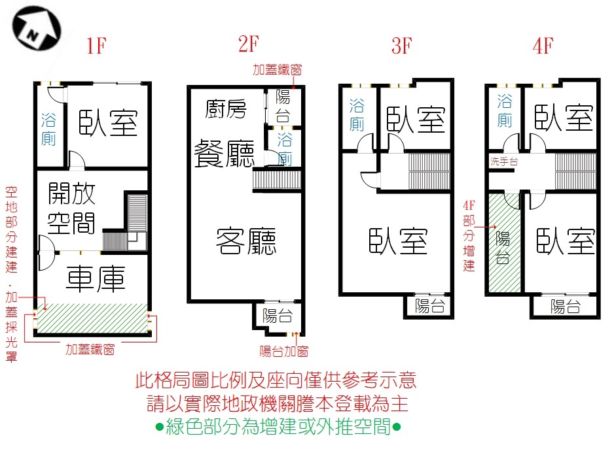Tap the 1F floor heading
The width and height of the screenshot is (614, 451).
[95, 47]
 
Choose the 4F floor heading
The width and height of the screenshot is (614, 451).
[543, 47]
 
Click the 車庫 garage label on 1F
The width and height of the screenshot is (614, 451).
[96, 280]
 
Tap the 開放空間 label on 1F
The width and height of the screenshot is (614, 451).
[72, 209]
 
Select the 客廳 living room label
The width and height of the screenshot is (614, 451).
[246, 242]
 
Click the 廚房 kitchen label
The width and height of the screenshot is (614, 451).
[226, 109]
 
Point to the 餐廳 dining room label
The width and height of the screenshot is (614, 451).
[224, 154]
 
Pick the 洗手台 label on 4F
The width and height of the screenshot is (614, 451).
[504, 160]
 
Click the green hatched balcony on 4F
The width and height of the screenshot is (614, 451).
[503, 245]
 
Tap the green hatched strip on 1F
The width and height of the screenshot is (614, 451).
[93, 318]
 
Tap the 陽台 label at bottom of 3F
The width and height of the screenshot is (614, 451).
[430, 305]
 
